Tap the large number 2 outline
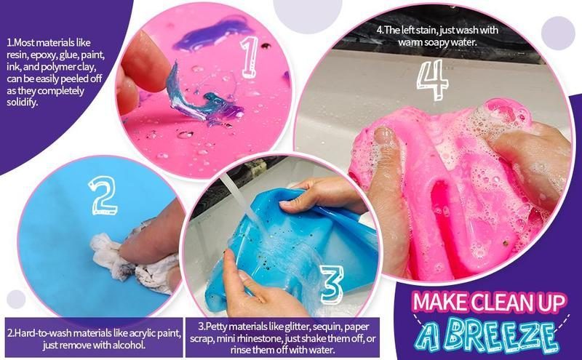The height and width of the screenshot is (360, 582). tap(105, 195)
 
